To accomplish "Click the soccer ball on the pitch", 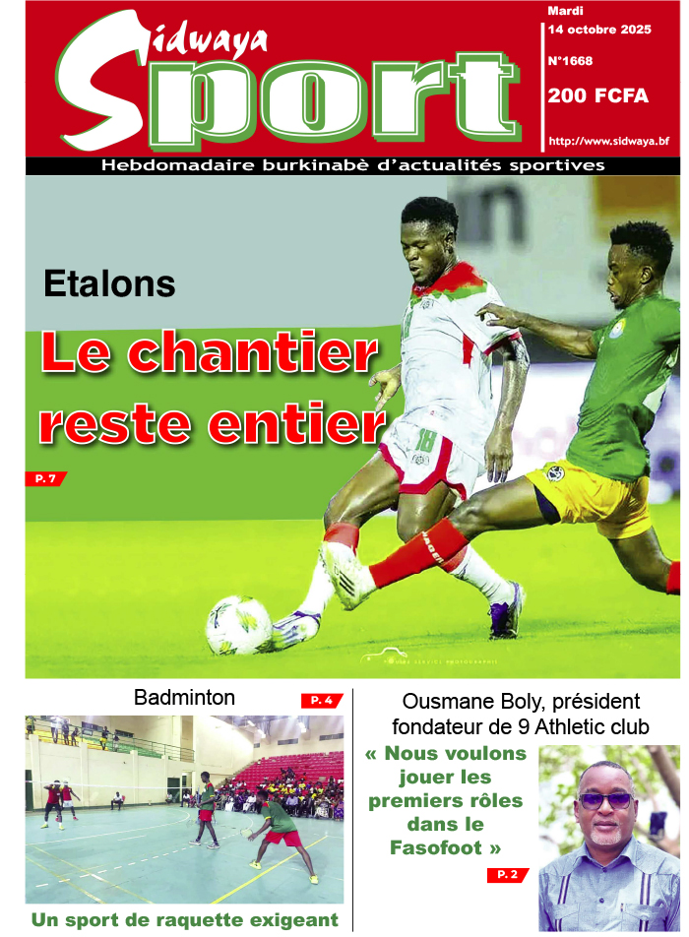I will click(238, 624).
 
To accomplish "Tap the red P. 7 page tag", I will click(45, 478).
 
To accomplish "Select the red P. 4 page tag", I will click(322, 701).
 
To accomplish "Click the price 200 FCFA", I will click(592, 96).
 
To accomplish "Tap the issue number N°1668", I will click(570, 61).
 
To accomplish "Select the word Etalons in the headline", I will click(109, 284).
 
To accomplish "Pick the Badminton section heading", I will click(184, 699).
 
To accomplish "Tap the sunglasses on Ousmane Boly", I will click(605, 799).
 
